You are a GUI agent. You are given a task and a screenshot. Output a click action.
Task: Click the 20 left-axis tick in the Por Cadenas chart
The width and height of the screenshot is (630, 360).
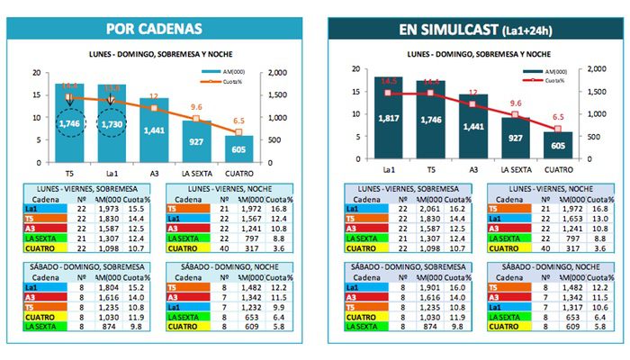pos(35,72)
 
